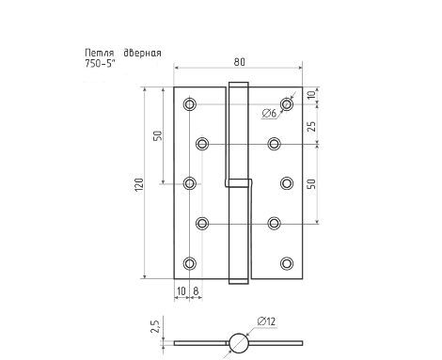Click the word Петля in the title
[x=99, y=53]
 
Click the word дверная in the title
[x=141, y=53]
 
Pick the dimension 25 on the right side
[x=311, y=124]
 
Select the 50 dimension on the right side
[x=311, y=182]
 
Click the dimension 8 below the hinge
[x=195, y=292]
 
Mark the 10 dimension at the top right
[x=311, y=95]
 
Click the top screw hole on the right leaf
[x=287, y=102]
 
